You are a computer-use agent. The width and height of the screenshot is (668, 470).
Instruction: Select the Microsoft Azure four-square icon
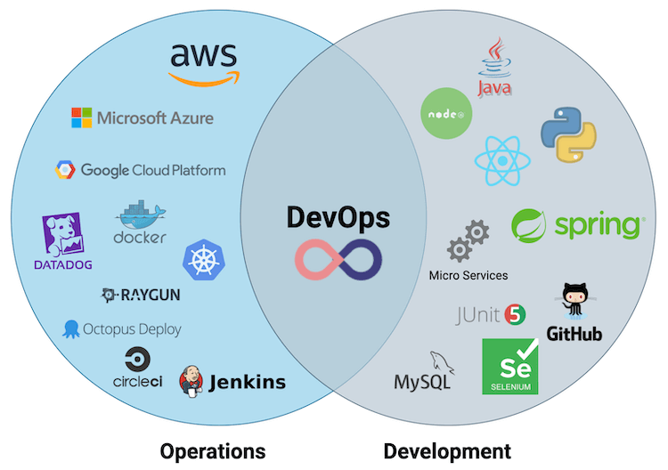click(x=82, y=117)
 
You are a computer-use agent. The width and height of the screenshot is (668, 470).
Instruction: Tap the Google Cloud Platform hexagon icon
click(x=66, y=170)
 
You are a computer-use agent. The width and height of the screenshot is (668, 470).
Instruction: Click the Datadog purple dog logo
click(x=63, y=237)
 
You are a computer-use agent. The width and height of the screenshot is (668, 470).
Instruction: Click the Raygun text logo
click(x=143, y=296)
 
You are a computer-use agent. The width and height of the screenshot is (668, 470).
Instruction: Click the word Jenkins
click(x=247, y=383)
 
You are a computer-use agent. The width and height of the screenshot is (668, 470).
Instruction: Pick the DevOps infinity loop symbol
click(x=338, y=258)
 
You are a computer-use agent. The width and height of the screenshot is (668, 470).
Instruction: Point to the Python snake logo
click(x=567, y=134)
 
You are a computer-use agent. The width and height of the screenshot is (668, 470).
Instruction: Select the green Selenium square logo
click(x=510, y=366)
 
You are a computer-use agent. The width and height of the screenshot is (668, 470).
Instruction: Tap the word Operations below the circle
click(x=212, y=450)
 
